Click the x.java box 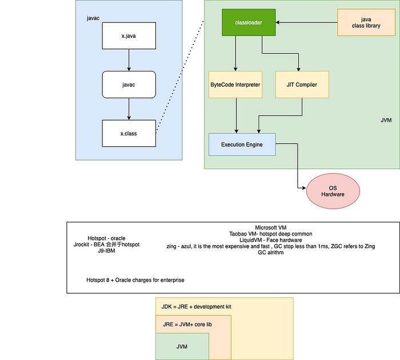(129, 35)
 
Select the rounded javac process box (129, 84)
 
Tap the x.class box (129, 133)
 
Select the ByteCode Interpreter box (235, 85)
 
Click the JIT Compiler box (302, 85)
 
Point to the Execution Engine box (242, 145)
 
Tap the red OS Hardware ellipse (333, 190)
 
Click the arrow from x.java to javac (129, 59)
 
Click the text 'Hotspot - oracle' (106, 238)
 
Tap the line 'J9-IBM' (106, 251)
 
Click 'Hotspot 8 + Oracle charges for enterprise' (135, 280)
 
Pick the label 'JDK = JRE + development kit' (196, 307)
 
